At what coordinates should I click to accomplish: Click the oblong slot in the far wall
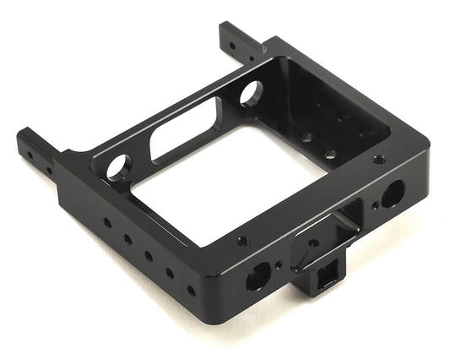click(x=185, y=135)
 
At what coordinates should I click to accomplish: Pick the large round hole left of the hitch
click(x=258, y=275)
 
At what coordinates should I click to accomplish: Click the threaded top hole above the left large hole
click(x=243, y=240)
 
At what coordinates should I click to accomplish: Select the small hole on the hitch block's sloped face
click(x=313, y=243)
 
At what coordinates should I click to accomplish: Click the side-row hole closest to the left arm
click(x=107, y=223)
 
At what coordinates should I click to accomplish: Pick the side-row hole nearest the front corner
click(x=191, y=290)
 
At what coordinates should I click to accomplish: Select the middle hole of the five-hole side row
click(x=149, y=254)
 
